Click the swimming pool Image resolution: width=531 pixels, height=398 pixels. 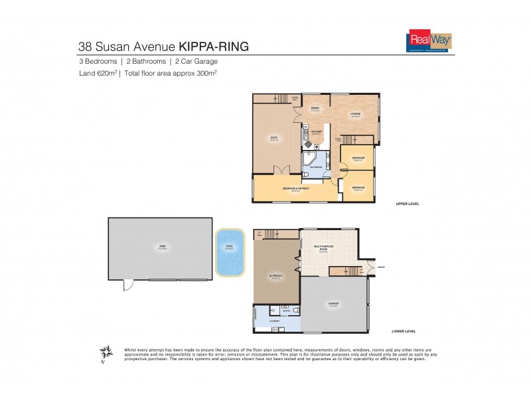(230, 251)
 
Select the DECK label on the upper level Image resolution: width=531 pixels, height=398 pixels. (273, 139)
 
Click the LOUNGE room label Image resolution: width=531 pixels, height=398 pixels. (356, 113)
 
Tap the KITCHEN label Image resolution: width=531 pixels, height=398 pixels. (317, 132)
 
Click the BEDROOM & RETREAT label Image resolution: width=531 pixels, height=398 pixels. (296, 188)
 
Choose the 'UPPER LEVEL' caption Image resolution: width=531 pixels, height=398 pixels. (406, 204)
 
